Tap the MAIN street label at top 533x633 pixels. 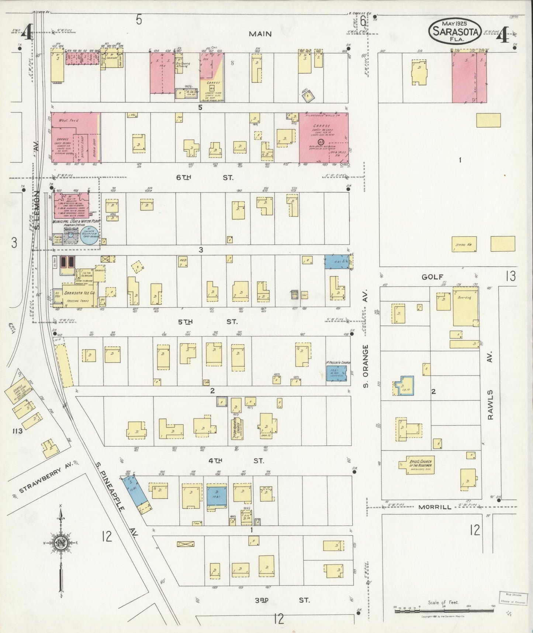(x=260, y=34)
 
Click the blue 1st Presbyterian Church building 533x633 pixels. (x=336, y=373)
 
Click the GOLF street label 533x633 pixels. (x=432, y=277)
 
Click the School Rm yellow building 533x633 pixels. (x=464, y=244)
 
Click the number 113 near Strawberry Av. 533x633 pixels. (x=17, y=431)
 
